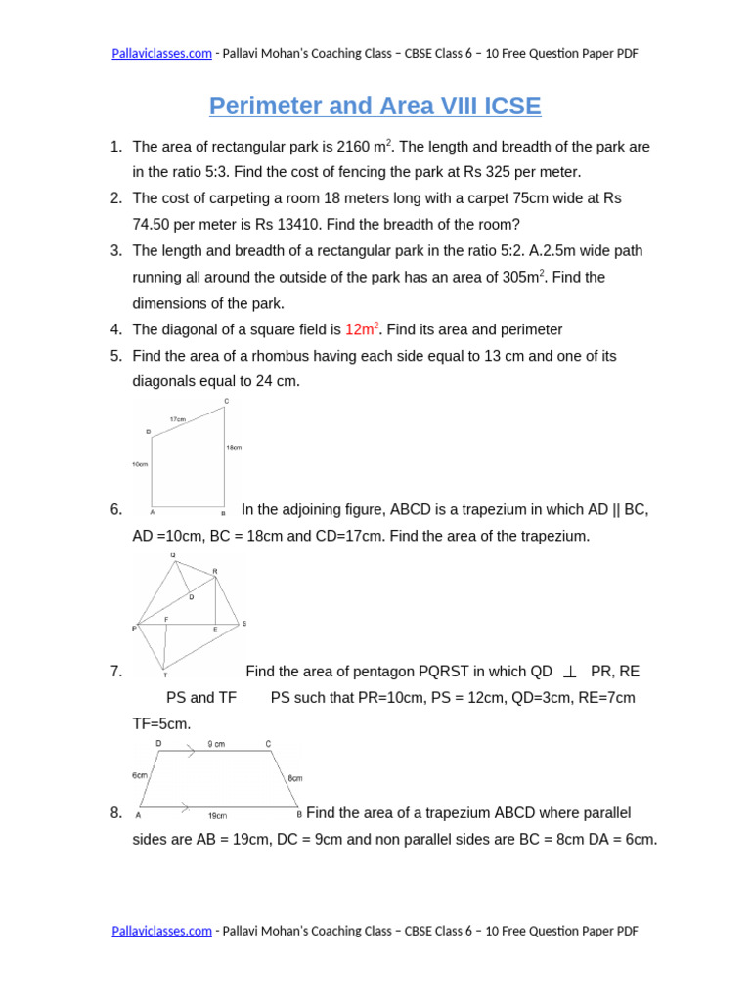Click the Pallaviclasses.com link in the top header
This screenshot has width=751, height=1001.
(160, 53)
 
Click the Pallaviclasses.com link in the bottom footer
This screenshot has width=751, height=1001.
(160, 931)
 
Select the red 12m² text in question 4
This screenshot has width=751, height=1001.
(361, 329)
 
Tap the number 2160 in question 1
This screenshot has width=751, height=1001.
(354, 147)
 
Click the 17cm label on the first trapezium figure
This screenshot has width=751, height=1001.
(177, 419)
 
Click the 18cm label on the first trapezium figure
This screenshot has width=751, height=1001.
(234, 448)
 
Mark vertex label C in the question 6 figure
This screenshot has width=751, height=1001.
(226, 401)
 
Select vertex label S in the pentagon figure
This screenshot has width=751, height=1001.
(243, 623)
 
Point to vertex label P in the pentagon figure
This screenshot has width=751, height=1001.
(135, 629)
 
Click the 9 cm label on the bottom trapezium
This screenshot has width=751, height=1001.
(216, 744)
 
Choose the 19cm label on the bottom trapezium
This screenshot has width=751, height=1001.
(217, 815)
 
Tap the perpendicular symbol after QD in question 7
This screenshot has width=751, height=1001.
(570, 672)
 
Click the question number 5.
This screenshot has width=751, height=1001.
(116, 356)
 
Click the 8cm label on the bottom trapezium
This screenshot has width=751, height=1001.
(294, 778)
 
